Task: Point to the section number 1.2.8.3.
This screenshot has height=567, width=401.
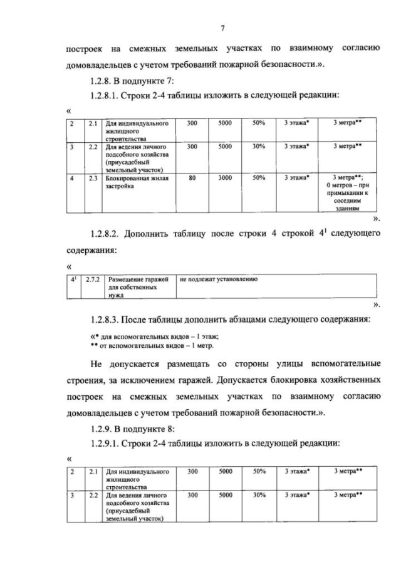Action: [x=107, y=320]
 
